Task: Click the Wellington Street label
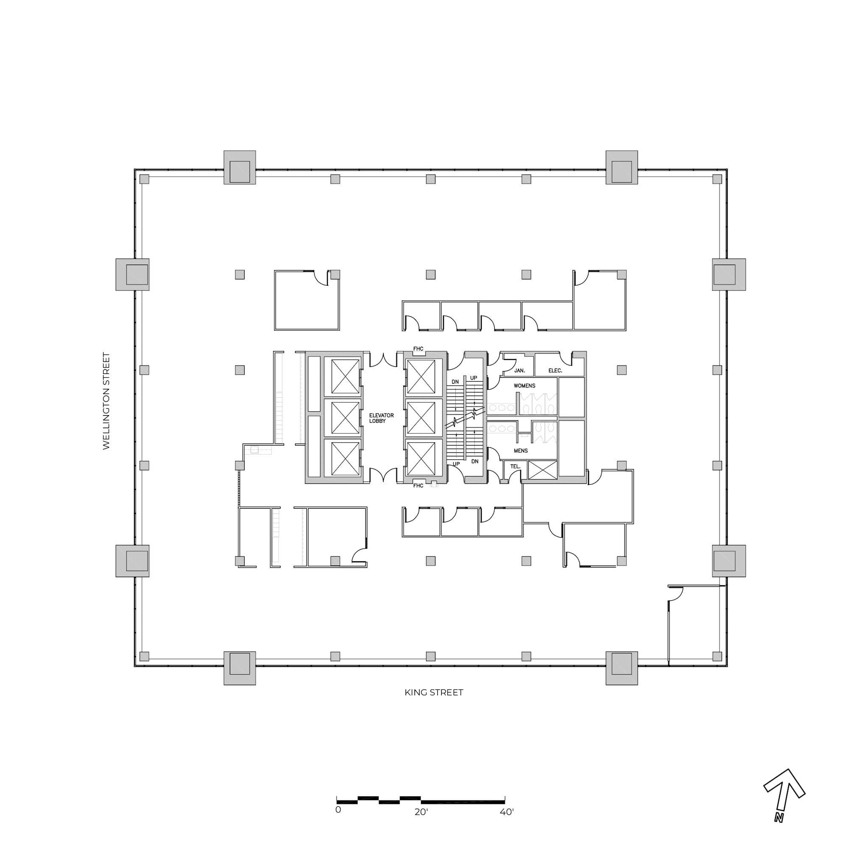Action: [x=106, y=401]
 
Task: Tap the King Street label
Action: [x=434, y=693]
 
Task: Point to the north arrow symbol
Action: [x=784, y=800]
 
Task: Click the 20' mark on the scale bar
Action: [x=421, y=812]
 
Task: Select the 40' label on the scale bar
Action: [x=507, y=812]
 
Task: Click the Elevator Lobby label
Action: [x=381, y=418]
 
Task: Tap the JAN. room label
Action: [x=519, y=371]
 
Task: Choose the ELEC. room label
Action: [x=555, y=371]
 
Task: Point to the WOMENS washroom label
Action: [x=524, y=386]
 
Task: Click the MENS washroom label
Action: [x=521, y=451]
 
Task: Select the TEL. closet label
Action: [x=515, y=466]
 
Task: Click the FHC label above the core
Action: [x=418, y=349]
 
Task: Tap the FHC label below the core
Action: [x=418, y=486]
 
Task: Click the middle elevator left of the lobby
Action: [x=345, y=417]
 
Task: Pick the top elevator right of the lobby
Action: [x=421, y=377]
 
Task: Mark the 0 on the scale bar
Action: [x=338, y=810]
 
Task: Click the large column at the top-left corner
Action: [x=240, y=167]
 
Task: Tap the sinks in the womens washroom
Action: [x=501, y=408]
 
